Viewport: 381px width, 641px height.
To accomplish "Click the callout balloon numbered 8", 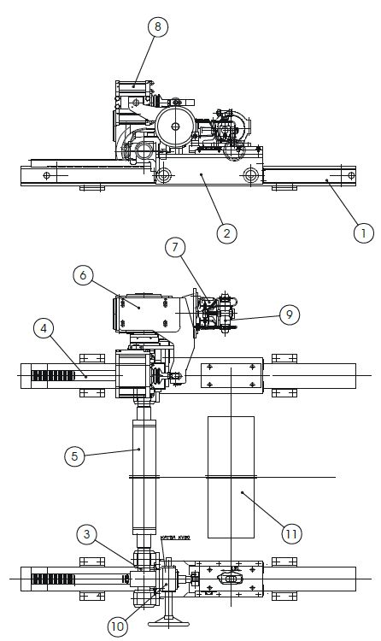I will [x=156, y=26].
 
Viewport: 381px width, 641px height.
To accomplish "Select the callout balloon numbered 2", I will [x=226, y=232].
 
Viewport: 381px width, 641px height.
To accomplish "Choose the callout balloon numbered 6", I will [x=83, y=275].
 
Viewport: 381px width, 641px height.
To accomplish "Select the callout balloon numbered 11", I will [x=290, y=534].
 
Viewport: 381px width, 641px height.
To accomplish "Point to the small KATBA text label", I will [x=174, y=538].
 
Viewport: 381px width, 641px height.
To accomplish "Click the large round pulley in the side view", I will [x=175, y=126].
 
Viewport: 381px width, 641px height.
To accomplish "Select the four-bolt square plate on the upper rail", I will [x=232, y=376].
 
